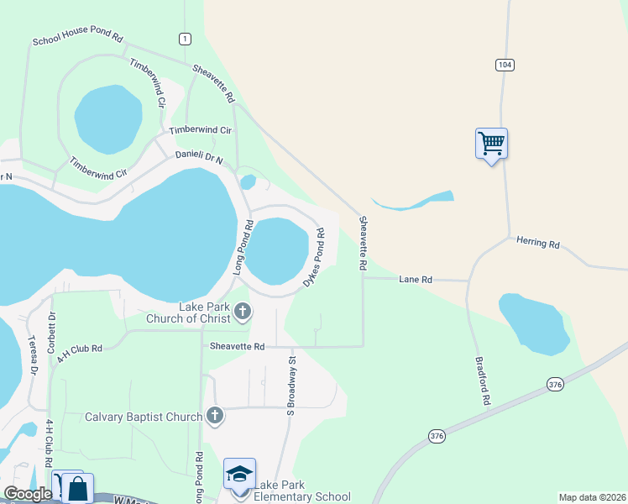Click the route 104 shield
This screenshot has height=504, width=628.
505,65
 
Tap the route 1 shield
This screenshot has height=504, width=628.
185,39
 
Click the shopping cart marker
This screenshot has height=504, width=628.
491,143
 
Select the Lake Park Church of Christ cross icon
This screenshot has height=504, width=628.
243,312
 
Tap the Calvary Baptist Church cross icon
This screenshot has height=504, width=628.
215,415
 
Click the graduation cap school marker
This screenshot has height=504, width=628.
239,474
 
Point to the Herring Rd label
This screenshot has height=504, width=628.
537,242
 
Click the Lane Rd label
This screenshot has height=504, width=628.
416,279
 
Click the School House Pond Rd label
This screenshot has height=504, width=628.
77,39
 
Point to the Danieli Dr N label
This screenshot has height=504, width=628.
199,156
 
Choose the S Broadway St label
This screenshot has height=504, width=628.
291,386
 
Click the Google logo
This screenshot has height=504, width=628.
27,494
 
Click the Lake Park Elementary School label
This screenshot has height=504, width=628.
301,491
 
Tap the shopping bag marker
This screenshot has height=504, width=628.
77,488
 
